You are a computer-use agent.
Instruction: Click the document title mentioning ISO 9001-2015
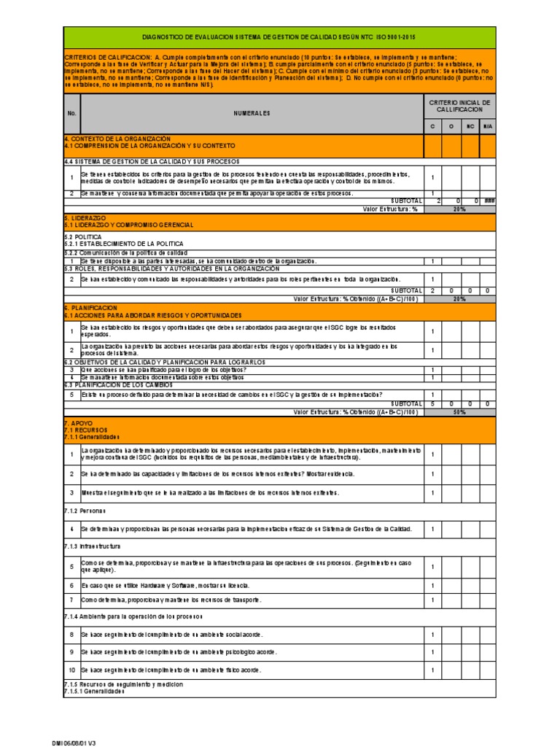[280, 37]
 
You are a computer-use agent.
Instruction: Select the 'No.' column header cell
[71, 114]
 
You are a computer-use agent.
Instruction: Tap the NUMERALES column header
[252, 114]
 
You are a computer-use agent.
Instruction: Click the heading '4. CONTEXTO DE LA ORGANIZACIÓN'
[117, 138]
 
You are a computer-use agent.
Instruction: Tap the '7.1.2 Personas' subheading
[85, 510]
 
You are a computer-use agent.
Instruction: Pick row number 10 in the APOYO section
[71, 670]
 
